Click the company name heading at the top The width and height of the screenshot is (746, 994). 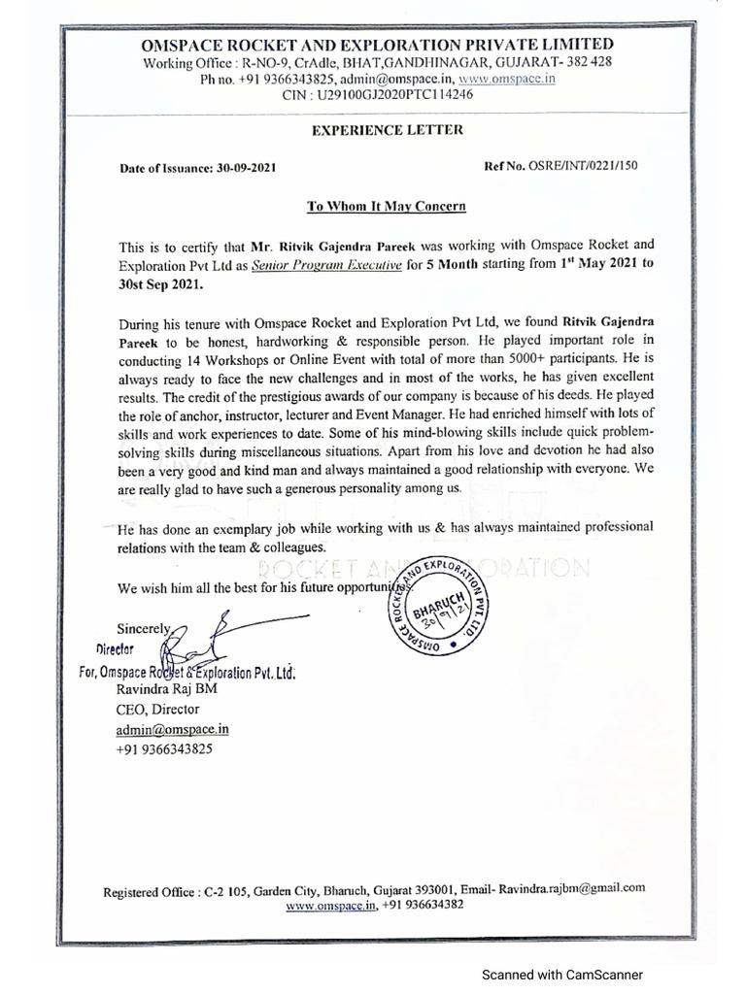pyautogui.click(x=378, y=45)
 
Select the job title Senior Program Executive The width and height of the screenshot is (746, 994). pyautogui.click(x=322, y=265)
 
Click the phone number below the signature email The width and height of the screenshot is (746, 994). pyautogui.click(x=164, y=750)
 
